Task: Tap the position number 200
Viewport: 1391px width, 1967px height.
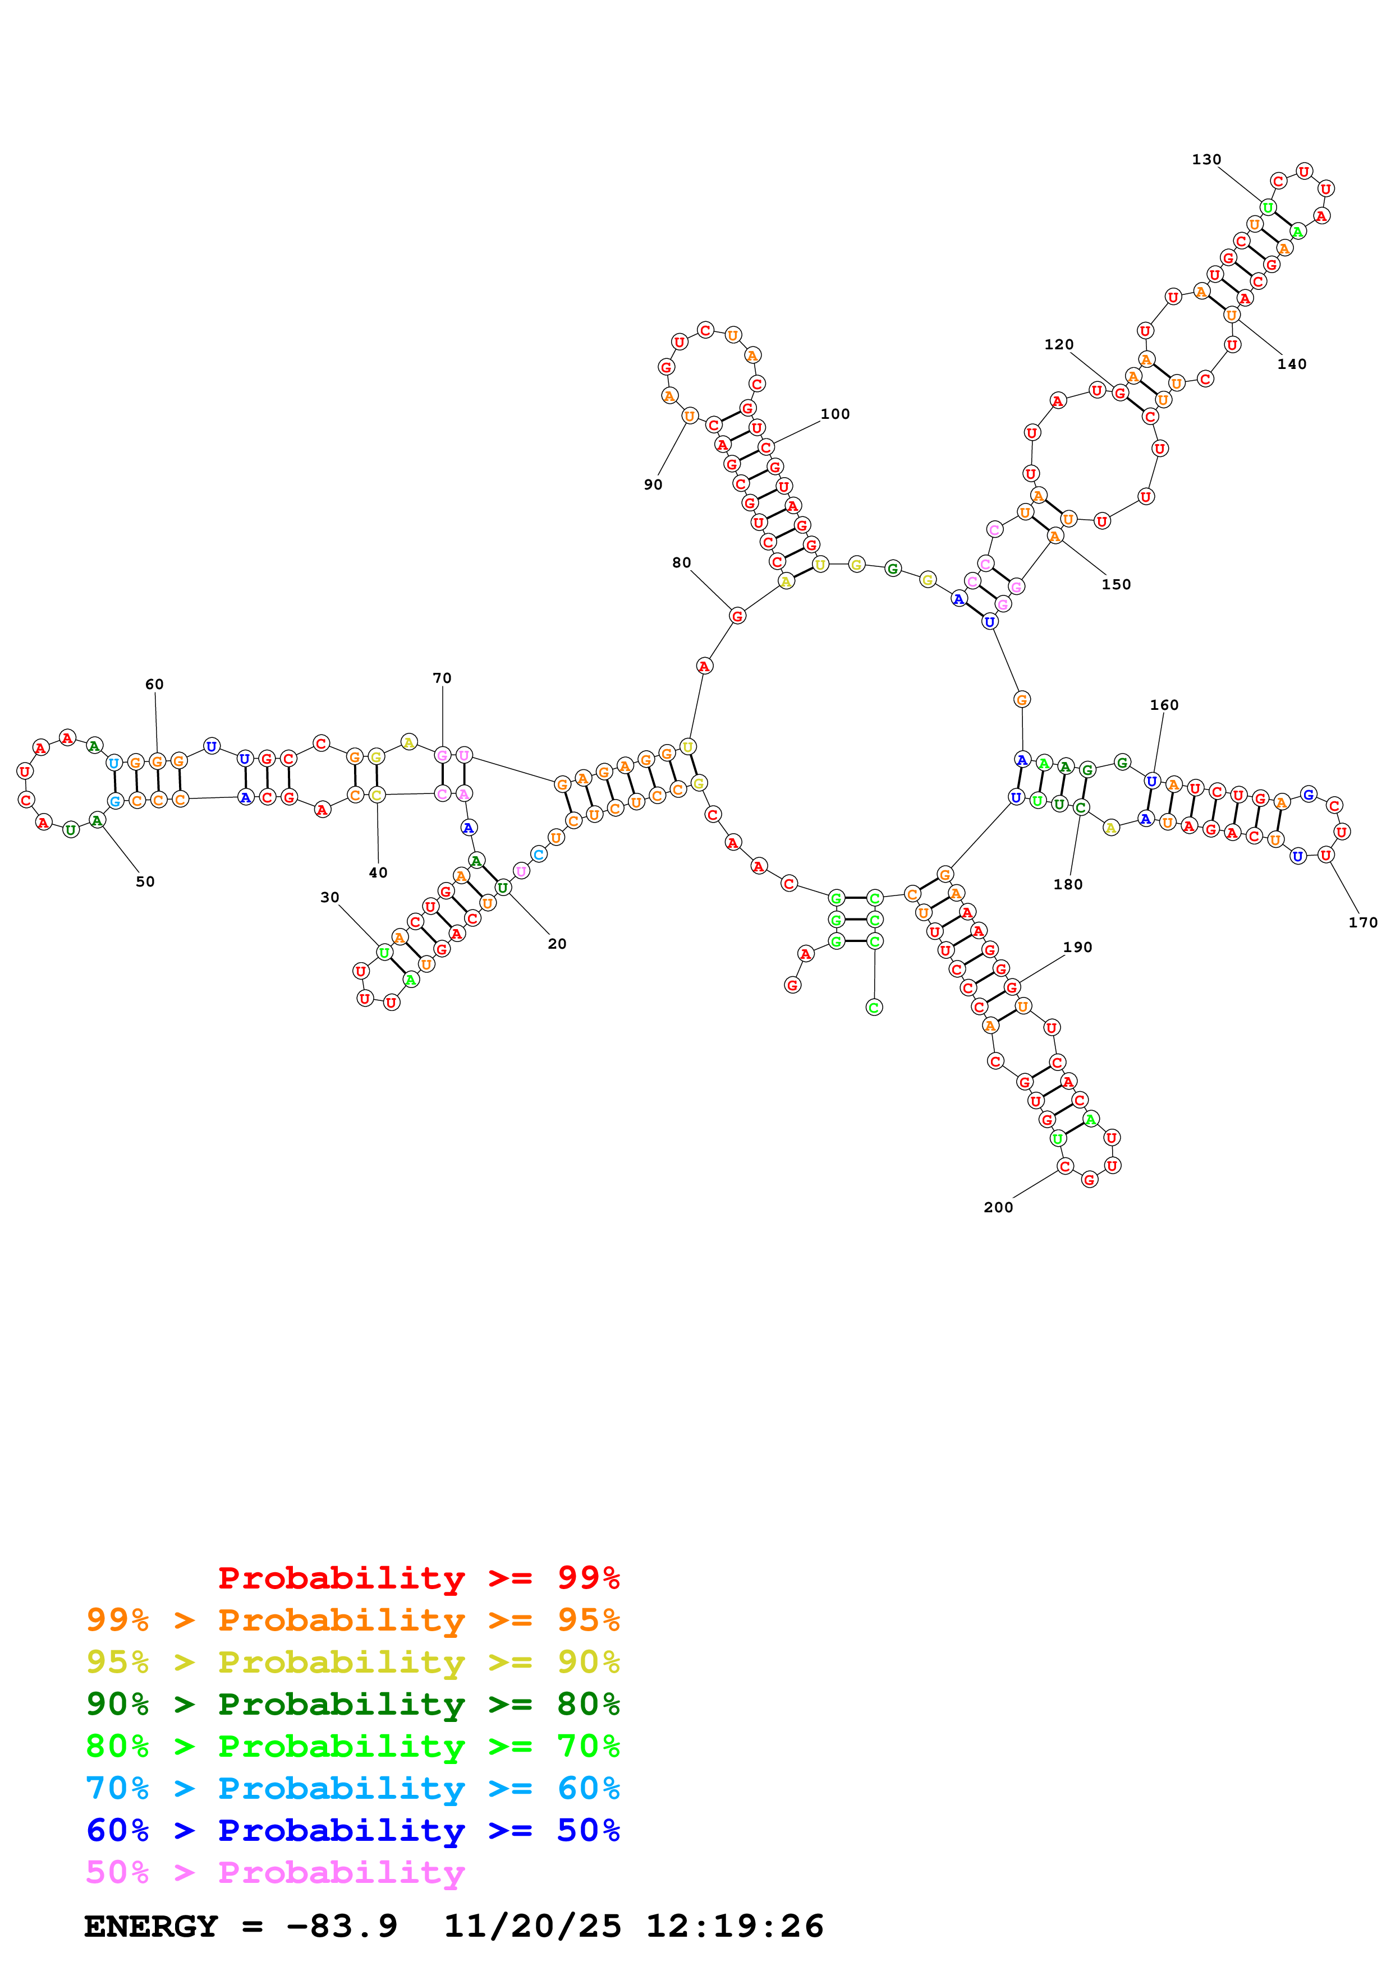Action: tap(998, 1207)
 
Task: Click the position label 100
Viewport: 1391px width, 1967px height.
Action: tap(835, 414)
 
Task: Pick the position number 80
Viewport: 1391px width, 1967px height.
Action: tap(681, 563)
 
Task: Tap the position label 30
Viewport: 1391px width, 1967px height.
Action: tap(330, 897)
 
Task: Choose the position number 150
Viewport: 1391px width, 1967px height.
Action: tap(1116, 584)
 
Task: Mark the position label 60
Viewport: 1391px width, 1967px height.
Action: tap(154, 684)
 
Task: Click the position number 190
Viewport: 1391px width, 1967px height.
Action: tap(1077, 946)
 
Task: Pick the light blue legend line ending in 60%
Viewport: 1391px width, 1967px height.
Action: tap(352, 1788)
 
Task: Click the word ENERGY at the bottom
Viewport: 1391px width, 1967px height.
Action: tap(151, 1926)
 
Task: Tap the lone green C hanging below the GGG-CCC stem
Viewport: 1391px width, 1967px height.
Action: tap(874, 1008)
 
